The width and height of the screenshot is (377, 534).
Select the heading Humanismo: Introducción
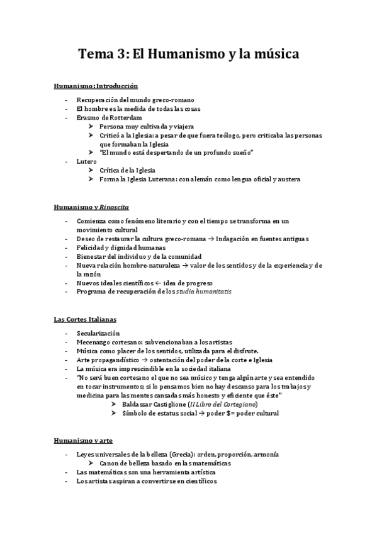(x=96, y=85)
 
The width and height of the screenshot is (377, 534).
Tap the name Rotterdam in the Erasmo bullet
(x=123, y=118)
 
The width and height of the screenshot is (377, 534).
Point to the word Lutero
(x=87, y=162)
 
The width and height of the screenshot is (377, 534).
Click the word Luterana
(x=160, y=179)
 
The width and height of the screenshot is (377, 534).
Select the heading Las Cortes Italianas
(x=85, y=320)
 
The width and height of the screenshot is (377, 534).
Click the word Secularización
(x=98, y=333)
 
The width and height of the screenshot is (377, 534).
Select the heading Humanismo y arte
(x=84, y=441)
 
